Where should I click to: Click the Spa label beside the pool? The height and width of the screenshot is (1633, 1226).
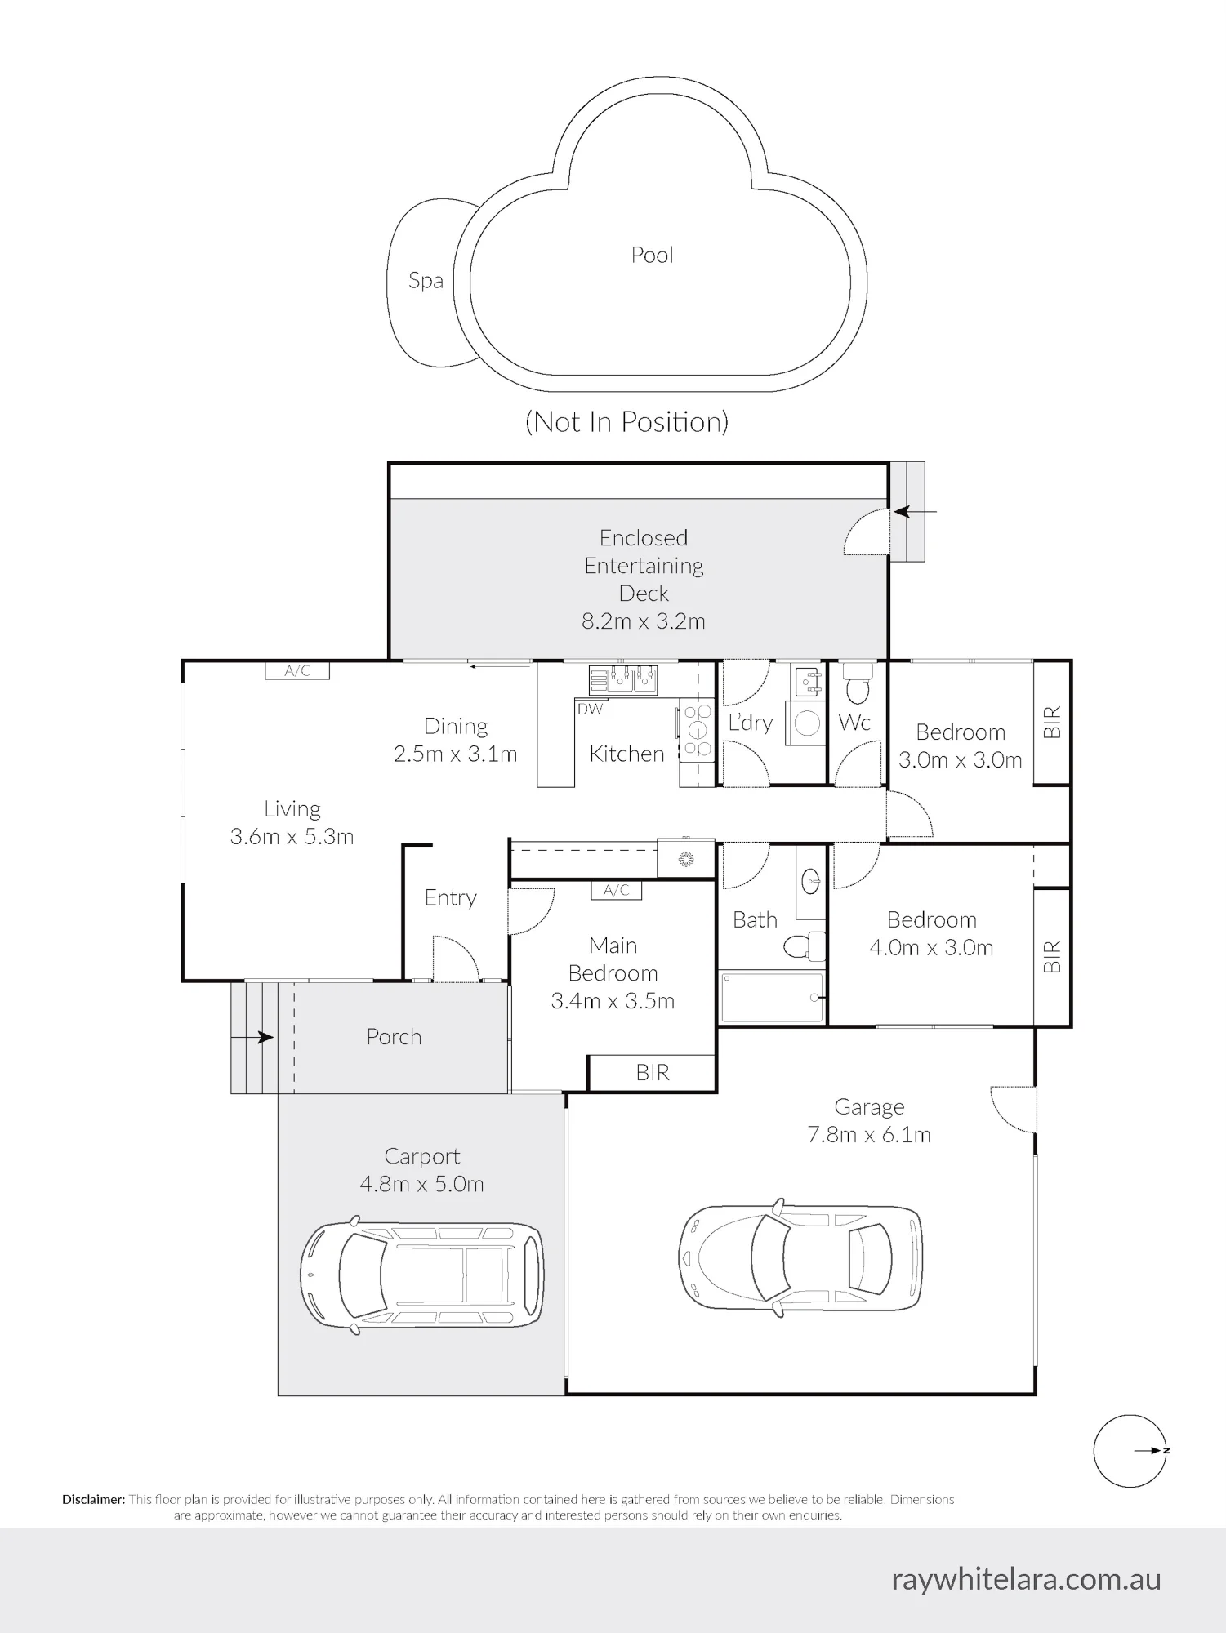tap(426, 282)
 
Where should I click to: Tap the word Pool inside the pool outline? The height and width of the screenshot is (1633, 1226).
tap(652, 255)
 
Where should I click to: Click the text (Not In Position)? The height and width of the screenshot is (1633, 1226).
tap(626, 422)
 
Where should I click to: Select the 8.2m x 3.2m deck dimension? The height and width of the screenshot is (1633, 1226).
tap(643, 621)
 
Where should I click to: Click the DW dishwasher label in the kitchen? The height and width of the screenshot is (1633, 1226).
tap(590, 709)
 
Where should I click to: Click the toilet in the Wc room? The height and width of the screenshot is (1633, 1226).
tap(857, 683)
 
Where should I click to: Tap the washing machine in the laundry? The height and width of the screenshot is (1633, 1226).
tap(807, 723)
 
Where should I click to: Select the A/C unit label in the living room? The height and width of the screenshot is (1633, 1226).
tap(297, 671)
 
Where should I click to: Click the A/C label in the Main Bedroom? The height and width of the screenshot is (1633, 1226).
tap(617, 891)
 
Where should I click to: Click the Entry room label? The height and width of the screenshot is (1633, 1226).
tap(450, 898)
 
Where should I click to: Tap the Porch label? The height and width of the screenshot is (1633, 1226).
tap(394, 1037)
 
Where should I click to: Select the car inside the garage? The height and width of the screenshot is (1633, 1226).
tap(800, 1258)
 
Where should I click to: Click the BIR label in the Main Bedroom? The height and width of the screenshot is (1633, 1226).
tap(653, 1073)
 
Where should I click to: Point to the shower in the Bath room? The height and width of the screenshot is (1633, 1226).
tap(772, 997)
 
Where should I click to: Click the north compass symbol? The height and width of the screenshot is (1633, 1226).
tap(1130, 1451)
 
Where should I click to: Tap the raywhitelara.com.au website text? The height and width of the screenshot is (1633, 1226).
tap(1026, 1580)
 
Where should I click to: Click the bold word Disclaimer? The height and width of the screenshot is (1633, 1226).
tap(94, 1500)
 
